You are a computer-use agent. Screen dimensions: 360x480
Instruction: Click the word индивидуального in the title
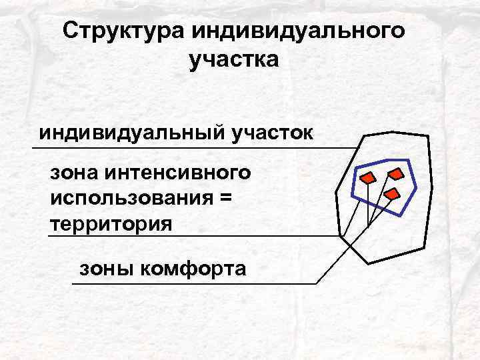[299, 31]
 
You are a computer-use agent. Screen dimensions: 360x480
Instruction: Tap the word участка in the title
[234, 61]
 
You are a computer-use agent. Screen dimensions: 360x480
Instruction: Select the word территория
[111, 222]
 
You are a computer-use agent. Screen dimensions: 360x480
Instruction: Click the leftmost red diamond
[367, 178]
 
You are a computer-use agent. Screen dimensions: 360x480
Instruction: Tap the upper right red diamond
[397, 174]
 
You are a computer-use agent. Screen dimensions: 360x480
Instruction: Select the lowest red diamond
[391, 194]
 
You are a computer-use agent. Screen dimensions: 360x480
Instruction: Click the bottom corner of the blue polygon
[399, 214]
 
